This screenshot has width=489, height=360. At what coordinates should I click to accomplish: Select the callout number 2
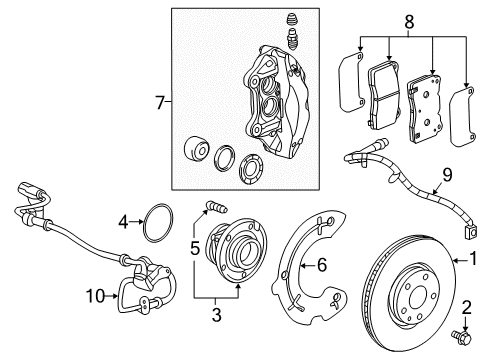point(466,307)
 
